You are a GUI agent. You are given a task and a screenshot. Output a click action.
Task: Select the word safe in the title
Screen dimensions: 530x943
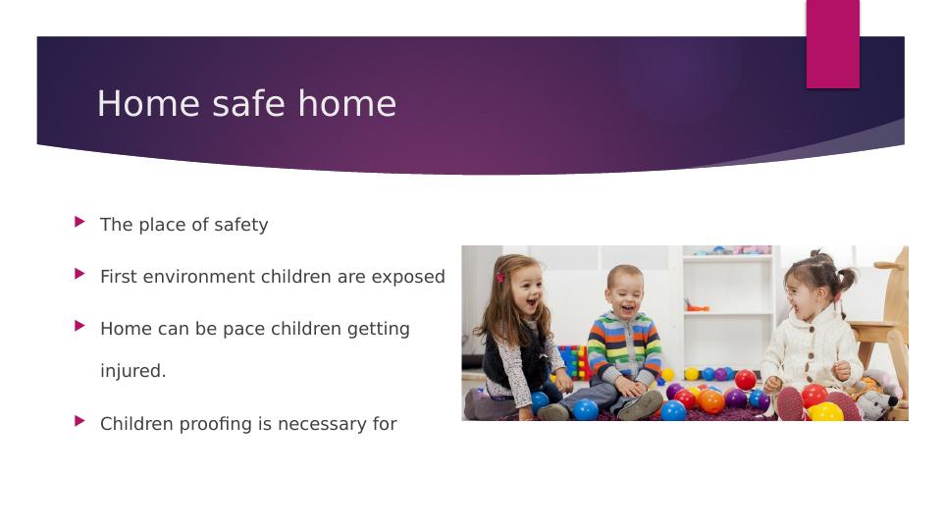click(x=244, y=104)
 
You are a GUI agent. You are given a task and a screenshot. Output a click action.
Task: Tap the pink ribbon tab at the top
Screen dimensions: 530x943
click(x=832, y=44)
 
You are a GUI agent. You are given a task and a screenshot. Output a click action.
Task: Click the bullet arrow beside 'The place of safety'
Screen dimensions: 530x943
click(x=79, y=222)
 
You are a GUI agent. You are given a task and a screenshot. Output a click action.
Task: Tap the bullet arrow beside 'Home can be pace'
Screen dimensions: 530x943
click(x=79, y=326)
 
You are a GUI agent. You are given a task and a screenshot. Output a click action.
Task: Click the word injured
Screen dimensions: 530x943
click(x=132, y=372)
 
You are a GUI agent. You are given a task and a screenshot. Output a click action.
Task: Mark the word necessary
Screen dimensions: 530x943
click(x=321, y=424)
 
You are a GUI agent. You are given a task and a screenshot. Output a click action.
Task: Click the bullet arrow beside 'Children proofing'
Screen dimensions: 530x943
click(x=79, y=421)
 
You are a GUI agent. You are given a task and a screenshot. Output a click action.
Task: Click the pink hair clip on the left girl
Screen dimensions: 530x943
click(x=499, y=278)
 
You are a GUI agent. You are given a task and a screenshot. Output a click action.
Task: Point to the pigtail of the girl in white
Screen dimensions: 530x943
click(x=846, y=281)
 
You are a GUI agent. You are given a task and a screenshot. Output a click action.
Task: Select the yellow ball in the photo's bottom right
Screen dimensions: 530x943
click(x=825, y=412)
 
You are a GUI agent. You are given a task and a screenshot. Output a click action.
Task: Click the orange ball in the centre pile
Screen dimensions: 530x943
click(x=710, y=400)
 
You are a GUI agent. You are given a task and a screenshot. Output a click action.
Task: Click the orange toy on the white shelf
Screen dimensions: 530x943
click(x=696, y=306)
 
